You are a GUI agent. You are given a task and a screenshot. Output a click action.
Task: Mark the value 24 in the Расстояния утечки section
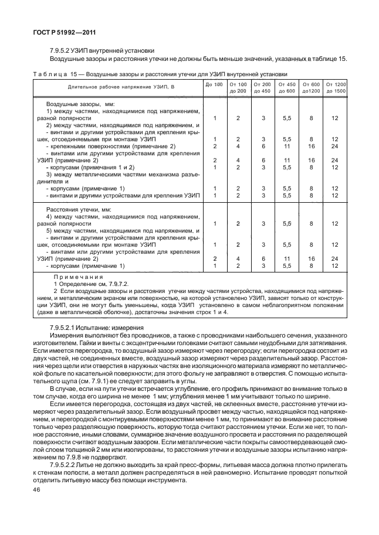point(335,258)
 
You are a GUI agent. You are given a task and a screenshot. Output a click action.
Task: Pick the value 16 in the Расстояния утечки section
point(312,258)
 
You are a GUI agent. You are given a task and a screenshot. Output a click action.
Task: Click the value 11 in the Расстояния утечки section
point(287,258)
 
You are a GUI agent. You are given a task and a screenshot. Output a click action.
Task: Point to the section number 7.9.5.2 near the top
point(61,50)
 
